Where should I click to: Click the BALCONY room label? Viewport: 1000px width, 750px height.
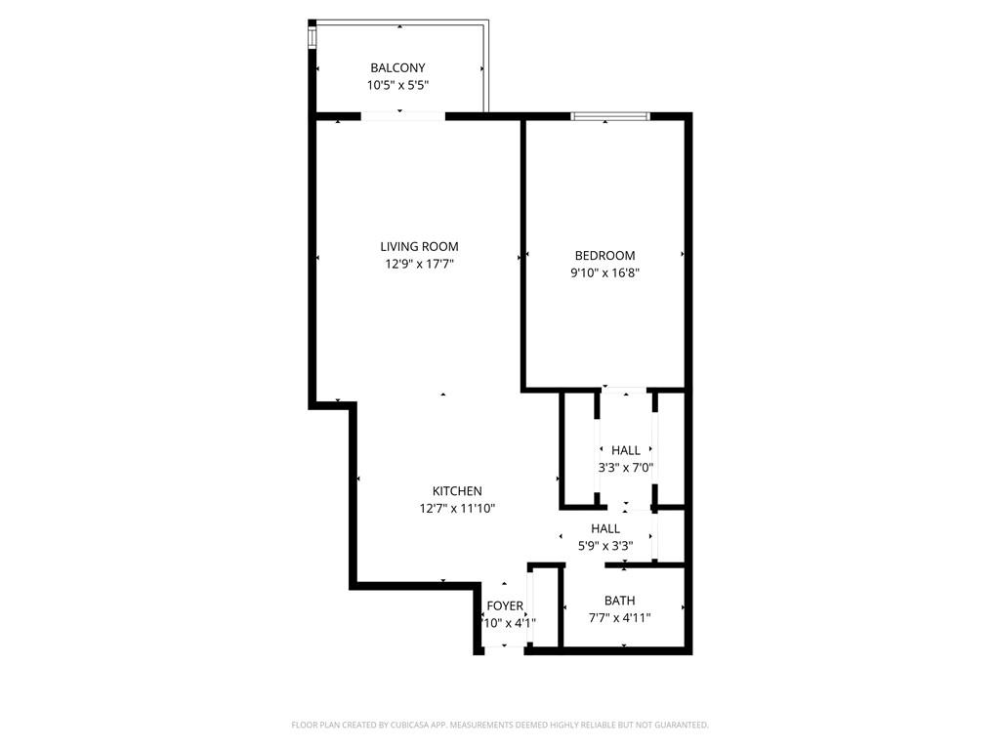click(x=397, y=67)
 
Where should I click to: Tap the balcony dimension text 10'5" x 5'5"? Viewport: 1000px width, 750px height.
click(x=397, y=85)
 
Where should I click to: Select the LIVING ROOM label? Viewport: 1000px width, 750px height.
click(x=419, y=246)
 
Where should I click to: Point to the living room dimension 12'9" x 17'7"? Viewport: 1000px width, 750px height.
click(x=419, y=264)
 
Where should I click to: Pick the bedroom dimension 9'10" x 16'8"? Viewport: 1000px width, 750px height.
click(x=604, y=273)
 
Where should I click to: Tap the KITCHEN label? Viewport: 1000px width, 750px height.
click(x=457, y=490)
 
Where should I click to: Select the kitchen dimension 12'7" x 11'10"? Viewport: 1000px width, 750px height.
click(x=457, y=508)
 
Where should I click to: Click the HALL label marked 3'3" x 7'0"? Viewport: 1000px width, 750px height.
click(x=626, y=450)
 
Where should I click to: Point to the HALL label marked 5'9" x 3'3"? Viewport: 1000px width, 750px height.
click(x=605, y=528)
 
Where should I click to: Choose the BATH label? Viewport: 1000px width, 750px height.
click(x=619, y=601)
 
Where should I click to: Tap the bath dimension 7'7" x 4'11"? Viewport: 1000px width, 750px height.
click(x=619, y=617)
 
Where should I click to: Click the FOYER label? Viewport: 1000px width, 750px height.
click(x=505, y=606)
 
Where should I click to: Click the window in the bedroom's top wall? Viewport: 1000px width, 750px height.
click(x=610, y=116)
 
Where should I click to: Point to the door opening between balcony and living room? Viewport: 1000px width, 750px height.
click(x=403, y=116)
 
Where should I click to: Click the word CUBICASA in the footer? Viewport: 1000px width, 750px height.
click(x=445, y=725)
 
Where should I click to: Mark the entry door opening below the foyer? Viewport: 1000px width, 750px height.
click(x=504, y=649)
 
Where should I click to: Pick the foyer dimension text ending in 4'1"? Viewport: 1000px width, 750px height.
click(x=510, y=623)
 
